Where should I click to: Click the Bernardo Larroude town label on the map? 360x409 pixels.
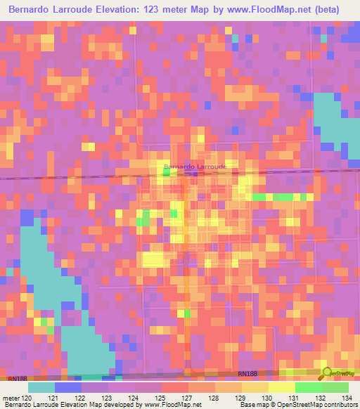195,167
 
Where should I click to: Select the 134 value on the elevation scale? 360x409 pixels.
346,397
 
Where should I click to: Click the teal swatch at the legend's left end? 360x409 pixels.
41,387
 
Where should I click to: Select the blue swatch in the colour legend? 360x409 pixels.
68,387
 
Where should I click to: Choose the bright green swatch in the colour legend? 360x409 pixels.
308,387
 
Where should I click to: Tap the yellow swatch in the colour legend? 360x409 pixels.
281,387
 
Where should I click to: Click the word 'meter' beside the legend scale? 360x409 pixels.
10,397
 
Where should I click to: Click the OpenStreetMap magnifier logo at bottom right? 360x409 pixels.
326,372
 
